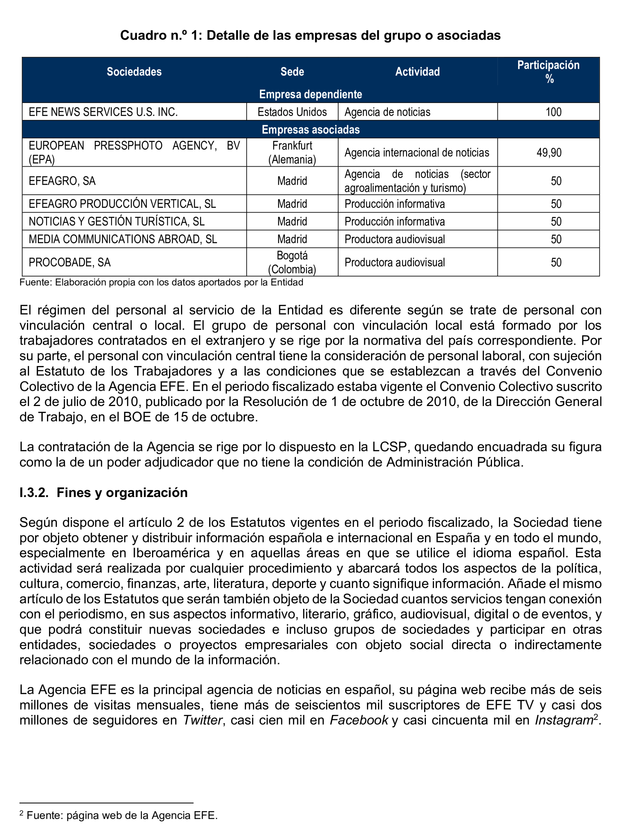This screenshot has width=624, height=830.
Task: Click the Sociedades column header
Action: tap(134, 72)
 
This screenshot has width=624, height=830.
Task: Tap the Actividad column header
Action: tap(417, 72)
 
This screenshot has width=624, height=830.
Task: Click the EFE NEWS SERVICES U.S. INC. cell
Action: tap(103, 112)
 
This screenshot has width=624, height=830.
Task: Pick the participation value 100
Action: tap(553, 112)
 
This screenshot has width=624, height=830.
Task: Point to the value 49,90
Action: tap(549, 152)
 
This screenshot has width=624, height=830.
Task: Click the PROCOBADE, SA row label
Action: tap(69, 262)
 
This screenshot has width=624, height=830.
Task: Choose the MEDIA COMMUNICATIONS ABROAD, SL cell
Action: tap(123, 239)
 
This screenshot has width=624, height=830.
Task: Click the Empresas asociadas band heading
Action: tap(311, 129)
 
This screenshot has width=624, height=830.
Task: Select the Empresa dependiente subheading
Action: tap(311, 94)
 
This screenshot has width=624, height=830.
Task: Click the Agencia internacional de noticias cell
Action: tap(417, 152)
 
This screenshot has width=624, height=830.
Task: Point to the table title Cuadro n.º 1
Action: tap(310, 35)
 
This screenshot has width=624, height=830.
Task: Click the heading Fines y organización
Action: tap(122, 492)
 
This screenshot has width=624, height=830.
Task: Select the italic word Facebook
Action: tap(359, 720)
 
